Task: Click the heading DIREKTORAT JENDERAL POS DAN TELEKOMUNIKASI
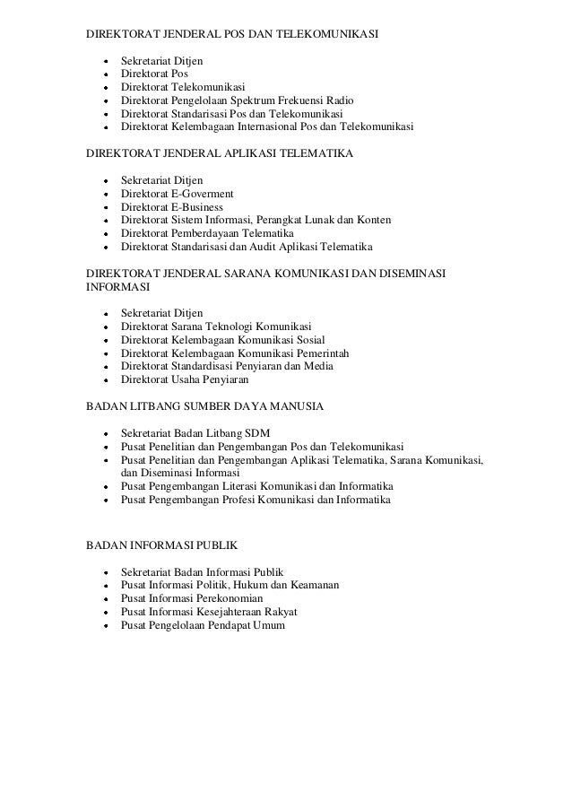[x=232, y=35]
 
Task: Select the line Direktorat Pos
[x=154, y=74]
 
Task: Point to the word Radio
[x=338, y=100]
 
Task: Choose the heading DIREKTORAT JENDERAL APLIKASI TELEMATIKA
[x=219, y=154]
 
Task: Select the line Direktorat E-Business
[x=171, y=206]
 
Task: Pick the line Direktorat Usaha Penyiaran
[x=185, y=379]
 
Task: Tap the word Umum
[x=267, y=624]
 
